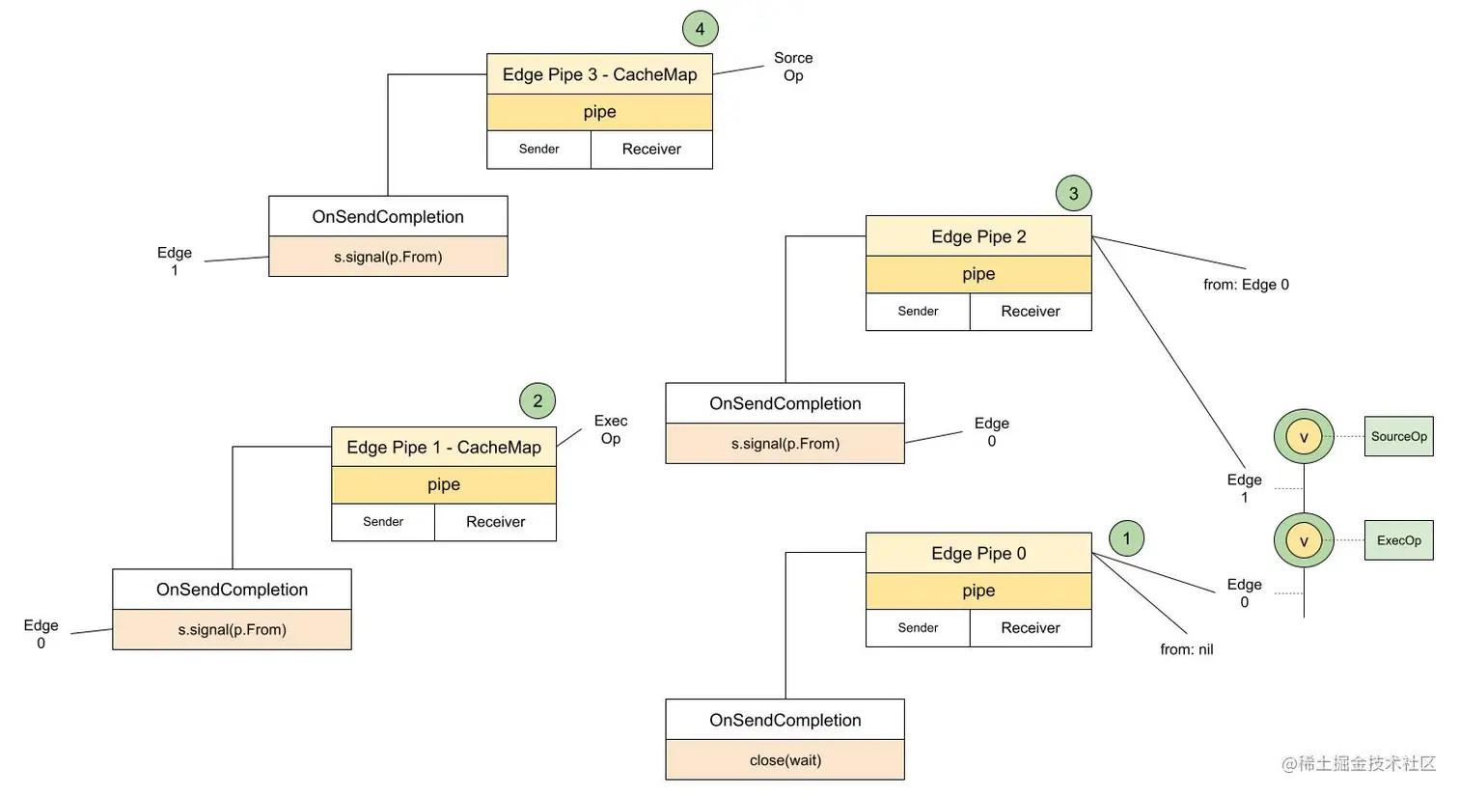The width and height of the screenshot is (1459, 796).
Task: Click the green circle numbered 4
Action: pyautogui.click(x=700, y=29)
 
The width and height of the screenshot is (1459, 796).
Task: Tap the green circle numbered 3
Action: pyautogui.click(x=1073, y=194)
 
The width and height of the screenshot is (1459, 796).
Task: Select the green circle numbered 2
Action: pyautogui.click(x=537, y=401)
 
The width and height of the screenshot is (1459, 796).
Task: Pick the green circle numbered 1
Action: pyautogui.click(x=1126, y=538)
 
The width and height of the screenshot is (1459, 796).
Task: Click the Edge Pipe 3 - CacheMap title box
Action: pyautogui.click(x=599, y=74)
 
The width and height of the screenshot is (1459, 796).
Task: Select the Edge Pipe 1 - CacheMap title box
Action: pyautogui.click(x=444, y=447)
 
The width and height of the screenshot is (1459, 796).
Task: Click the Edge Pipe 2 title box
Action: pyautogui.click(x=978, y=236)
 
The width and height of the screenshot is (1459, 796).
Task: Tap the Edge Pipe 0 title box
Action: pyautogui.click(x=978, y=553)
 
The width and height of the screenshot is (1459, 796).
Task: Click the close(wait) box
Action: pyautogui.click(x=785, y=760)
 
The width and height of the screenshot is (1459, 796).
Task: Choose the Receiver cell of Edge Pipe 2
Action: pyautogui.click(x=1030, y=312)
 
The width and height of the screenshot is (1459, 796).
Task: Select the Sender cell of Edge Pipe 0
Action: pyautogui.click(x=918, y=628)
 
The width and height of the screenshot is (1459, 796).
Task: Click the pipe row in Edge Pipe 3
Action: pyautogui.click(x=599, y=112)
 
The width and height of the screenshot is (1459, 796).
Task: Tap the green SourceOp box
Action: pyautogui.click(x=1398, y=436)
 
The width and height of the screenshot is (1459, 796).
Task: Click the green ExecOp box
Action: pyautogui.click(x=1398, y=540)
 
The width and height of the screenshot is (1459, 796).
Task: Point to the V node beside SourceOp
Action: pyautogui.click(x=1304, y=437)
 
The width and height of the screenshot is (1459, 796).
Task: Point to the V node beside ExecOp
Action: pyautogui.click(x=1304, y=541)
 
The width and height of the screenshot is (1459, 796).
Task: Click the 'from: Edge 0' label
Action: pyautogui.click(x=1246, y=285)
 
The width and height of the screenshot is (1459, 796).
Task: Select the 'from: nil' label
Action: pyautogui.click(x=1186, y=649)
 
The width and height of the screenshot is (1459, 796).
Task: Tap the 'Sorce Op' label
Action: pyautogui.click(x=793, y=67)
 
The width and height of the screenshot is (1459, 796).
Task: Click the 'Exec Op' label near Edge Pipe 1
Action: pyautogui.click(x=611, y=429)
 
